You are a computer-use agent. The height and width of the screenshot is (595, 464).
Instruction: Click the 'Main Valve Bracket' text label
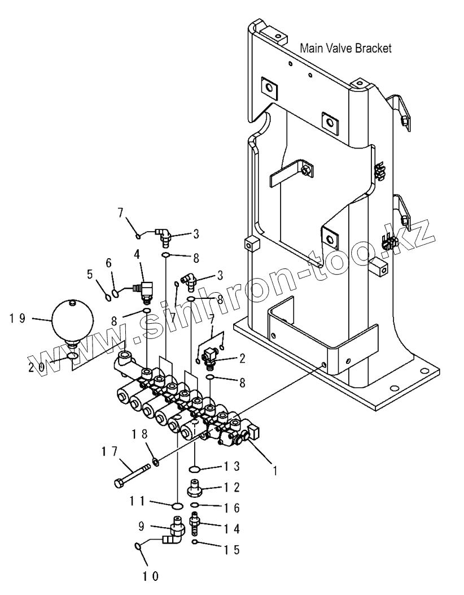point(345,48)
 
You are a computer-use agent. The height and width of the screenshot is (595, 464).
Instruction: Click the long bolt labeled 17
point(133,475)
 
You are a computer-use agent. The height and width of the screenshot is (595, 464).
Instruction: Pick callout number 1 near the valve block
point(275,470)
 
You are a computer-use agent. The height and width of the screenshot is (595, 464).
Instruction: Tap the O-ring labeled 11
point(177,505)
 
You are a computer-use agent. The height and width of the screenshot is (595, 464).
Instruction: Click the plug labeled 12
point(195,485)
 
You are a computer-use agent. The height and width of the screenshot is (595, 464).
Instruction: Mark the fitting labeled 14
point(195,523)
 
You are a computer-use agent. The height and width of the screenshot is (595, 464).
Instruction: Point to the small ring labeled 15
point(195,542)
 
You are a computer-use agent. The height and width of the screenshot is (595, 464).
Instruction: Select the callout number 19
point(17,318)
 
